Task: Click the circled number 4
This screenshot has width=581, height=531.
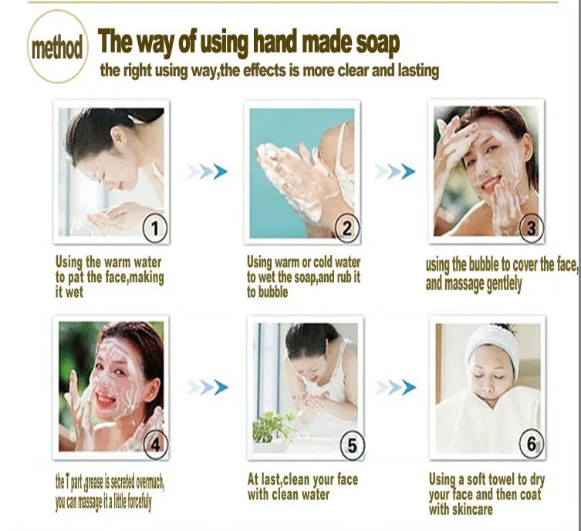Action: (x=155, y=444)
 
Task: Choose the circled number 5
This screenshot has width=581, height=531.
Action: (x=352, y=445)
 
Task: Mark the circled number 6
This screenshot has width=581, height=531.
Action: (x=532, y=444)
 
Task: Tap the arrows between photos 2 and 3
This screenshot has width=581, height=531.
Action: (x=396, y=171)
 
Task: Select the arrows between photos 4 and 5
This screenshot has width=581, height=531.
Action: (x=208, y=386)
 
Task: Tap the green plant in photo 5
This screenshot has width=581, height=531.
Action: (x=274, y=425)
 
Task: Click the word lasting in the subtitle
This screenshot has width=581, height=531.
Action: (x=416, y=71)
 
